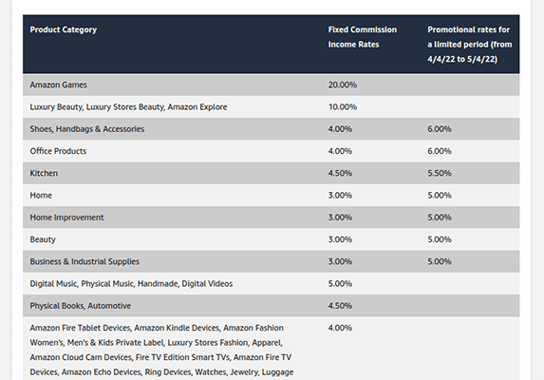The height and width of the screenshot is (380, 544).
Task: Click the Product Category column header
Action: [64, 29]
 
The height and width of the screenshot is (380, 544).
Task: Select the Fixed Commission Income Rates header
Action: [364, 37]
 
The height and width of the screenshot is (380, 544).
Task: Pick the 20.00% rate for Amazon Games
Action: [343, 85]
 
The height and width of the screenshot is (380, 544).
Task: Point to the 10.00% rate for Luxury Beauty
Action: [343, 106]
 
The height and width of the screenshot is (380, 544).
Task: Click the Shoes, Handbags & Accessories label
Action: [87, 129]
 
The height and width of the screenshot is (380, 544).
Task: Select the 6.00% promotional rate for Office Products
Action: [440, 151]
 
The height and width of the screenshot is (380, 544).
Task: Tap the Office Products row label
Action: [60, 151]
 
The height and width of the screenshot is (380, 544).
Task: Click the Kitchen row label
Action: [44, 173]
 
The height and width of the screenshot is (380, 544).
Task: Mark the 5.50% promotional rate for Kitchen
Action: [440, 173]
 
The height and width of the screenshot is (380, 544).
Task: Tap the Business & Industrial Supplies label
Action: [84, 261]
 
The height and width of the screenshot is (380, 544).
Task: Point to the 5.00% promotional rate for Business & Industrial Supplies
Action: [440, 261]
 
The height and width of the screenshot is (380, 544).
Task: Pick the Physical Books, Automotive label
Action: [81, 306]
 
